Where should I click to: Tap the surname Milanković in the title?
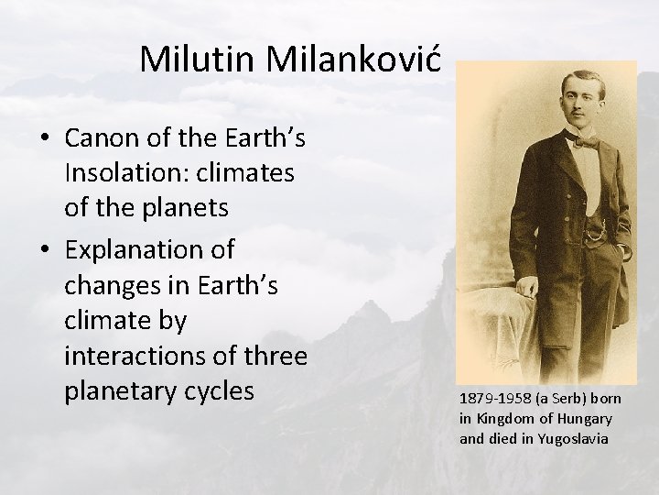click(356, 60)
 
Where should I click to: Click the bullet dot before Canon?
click(45, 139)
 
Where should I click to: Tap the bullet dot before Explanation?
click(45, 249)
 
